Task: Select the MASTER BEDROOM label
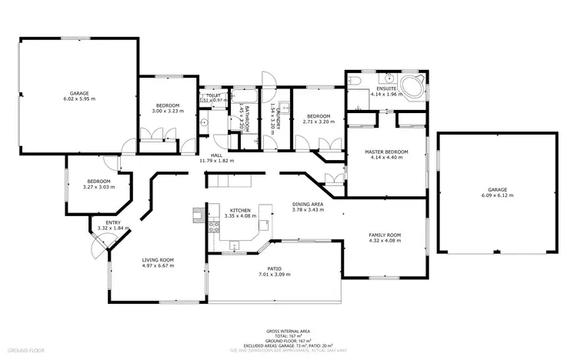tap(385, 152)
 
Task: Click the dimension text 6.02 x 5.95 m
tap(76, 99)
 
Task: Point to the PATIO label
tap(274, 268)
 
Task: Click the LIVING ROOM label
tap(157, 260)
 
